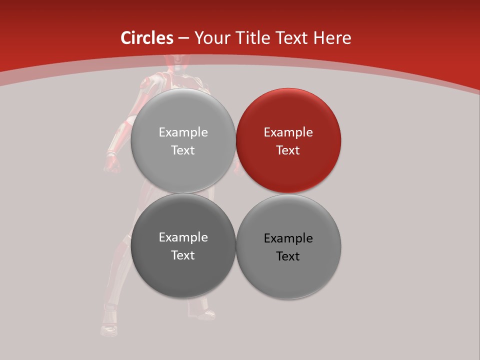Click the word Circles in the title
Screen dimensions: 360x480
point(146,38)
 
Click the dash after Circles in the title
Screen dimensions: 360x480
point(183,38)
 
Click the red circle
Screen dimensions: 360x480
point(288,140)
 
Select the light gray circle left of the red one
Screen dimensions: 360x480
point(183,140)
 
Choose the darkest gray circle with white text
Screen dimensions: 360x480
point(183,245)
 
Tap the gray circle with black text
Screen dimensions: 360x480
point(288,246)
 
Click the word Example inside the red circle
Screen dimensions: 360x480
point(288,132)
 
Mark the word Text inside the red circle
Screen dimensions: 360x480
point(288,150)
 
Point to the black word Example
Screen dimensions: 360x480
point(288,238)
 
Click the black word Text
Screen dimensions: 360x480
point(288,256)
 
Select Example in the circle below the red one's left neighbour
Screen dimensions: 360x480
point(183,237)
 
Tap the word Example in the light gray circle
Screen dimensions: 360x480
point(183,132)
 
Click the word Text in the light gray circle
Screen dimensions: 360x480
point(183,150)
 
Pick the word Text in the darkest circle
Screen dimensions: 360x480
point(183,255)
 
